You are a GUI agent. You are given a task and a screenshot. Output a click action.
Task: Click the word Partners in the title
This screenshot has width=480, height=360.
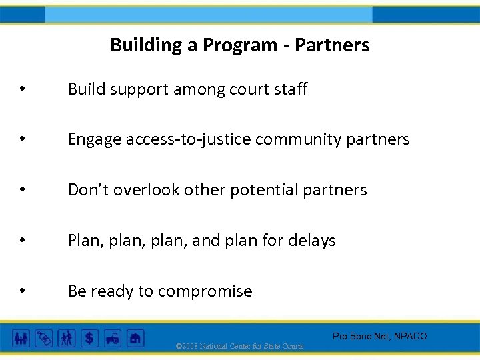point(332,45)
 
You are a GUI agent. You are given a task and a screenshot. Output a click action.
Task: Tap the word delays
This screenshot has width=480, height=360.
point(313,241)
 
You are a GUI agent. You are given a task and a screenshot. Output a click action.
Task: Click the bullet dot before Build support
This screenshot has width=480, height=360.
point(23,90)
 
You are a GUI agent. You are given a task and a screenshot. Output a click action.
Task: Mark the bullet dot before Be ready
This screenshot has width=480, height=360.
point(23,292)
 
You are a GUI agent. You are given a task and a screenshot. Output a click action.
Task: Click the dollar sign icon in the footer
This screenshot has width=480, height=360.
point(89,338)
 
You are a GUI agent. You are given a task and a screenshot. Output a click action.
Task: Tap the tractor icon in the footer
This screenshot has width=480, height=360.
point(112,338)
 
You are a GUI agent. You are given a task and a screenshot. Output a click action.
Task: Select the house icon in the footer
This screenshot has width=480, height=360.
point(135,338)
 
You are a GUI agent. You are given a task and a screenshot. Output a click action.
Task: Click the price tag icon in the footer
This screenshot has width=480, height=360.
point(44,338)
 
